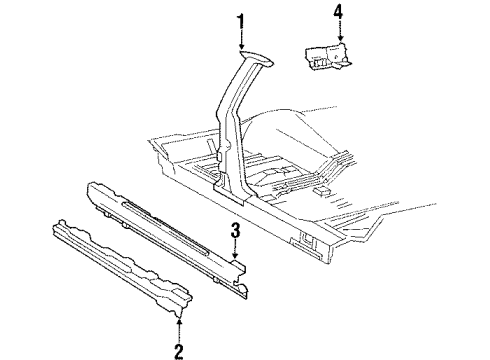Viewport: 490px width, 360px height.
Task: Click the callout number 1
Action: [240, 19]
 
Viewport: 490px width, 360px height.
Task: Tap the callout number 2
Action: [178, 349]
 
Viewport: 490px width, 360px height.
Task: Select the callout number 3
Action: [235, 234]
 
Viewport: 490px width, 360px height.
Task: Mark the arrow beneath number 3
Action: [235, 254]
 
